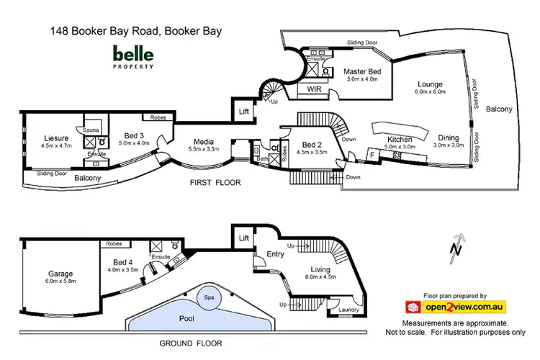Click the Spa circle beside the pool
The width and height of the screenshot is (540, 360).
point(210,298)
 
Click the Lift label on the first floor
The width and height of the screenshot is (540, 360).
point(243,111)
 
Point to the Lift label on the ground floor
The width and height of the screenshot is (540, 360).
point(243,237)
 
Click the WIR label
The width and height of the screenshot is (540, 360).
point(314,90)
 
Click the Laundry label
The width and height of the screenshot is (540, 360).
point(348,310)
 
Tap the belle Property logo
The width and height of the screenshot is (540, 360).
point(132,56)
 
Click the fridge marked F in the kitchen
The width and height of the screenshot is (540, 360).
point(372,153)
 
